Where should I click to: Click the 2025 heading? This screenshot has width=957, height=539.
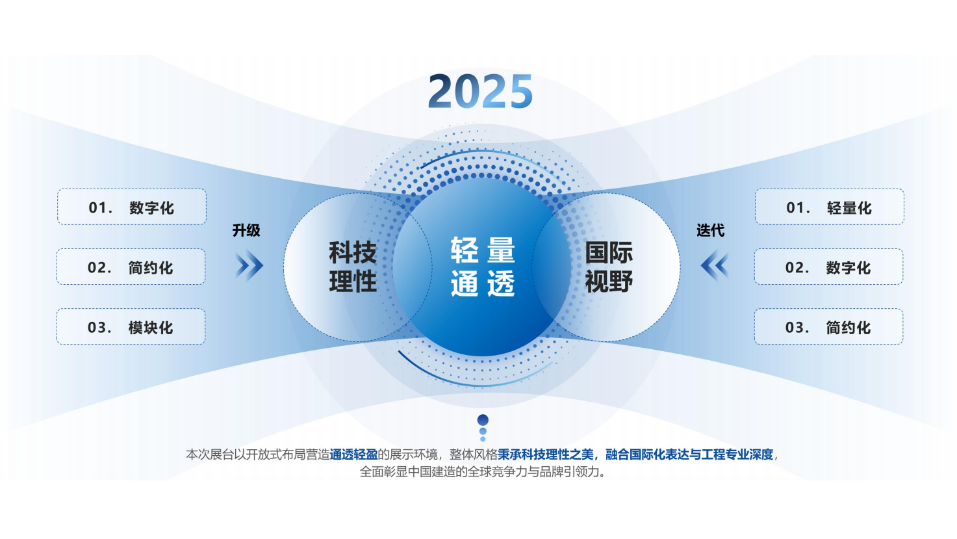click(x=481, y=91)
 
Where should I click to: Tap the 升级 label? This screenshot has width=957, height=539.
click(x=246, y=230)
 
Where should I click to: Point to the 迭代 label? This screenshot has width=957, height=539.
click(x=710, y=230)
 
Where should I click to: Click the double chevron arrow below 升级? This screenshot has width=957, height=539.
click(x=249, y=265)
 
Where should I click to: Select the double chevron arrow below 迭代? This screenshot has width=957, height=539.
click(x=714, y=265)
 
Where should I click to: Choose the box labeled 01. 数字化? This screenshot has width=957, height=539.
click(x=132, y=207)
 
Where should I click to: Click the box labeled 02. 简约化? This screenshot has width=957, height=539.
click(x=131, y=267)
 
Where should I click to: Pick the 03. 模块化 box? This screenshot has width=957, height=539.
click(x=131, y=327)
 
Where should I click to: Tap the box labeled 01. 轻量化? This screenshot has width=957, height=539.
click(x=829, y=207)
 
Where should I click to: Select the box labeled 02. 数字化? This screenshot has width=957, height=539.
click(x=828, y=267)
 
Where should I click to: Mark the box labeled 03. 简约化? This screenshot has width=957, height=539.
click(x=828, y=327)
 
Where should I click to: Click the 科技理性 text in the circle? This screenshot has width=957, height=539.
click(x=353, y=267)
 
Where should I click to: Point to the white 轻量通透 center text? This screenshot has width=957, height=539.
click(x=483, y=267)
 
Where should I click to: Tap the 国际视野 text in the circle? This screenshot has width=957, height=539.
click(x=609, y=267)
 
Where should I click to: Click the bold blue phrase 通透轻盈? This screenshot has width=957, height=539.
click(x=353, y=454)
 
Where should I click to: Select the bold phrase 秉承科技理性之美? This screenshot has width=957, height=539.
click(x=546, y=454)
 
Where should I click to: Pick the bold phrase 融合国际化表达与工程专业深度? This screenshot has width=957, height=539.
click(x=689, y=454)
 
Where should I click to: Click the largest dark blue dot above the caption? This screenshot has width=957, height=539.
click(x=483, y=420)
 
